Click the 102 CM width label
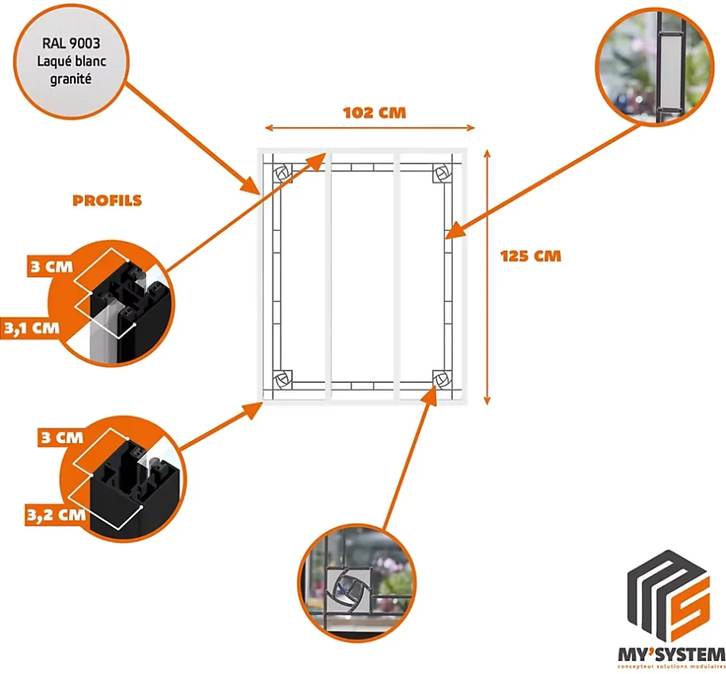pyautogui.click(x=375, y=113)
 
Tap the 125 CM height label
pyautogui.click(x=530, y=256)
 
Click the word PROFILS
pyautogui.click(x=107, y=201)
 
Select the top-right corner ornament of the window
pyautogui.click(x=443, y=172)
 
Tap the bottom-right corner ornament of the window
pyautogui.click(x=443, y=378)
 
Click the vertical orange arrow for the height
pyautogui.click(x=486, y=276)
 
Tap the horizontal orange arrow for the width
pyautogui.click(x=369, y=128)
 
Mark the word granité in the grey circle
pyautogui.click(x=70, y=78)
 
